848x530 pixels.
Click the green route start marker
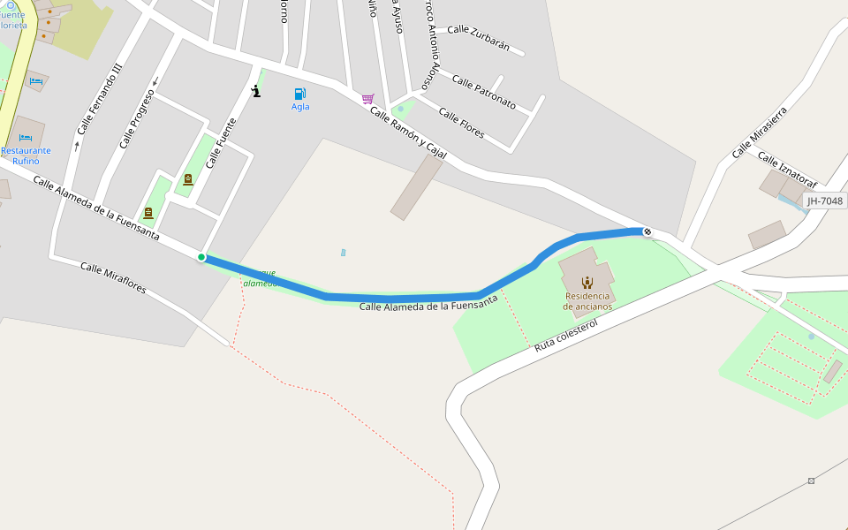pyautogui.click(x=201, y=257)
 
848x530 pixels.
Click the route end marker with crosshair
pyautogui.click(x=647, y=231)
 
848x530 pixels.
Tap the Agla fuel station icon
pyautogui.click(x=300, y=94)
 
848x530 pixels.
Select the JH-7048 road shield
pyautogui.click(x=825, y=201)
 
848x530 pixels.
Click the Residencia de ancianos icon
pyautogui.click(x=587, y=283)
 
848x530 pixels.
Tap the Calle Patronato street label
pyautogui.click(x=484, y=92)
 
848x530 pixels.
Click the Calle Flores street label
pyautogui.click(x=461, y=123)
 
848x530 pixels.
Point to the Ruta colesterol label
pyautogui.click(x=566, y=337)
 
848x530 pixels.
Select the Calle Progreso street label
pyautogui.click(x=137, y=118)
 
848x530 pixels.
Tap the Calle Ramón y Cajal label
pyautogui.click(x=408, y=133)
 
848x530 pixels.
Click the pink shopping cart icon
pyautogui.click(x=367, y=99)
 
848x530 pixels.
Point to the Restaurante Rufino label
pyautogui.click(x=26, y=155)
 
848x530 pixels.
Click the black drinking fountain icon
pyautogui.click(x=256, y=91)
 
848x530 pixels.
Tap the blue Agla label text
pyautogui.click(x=300, y=107)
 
